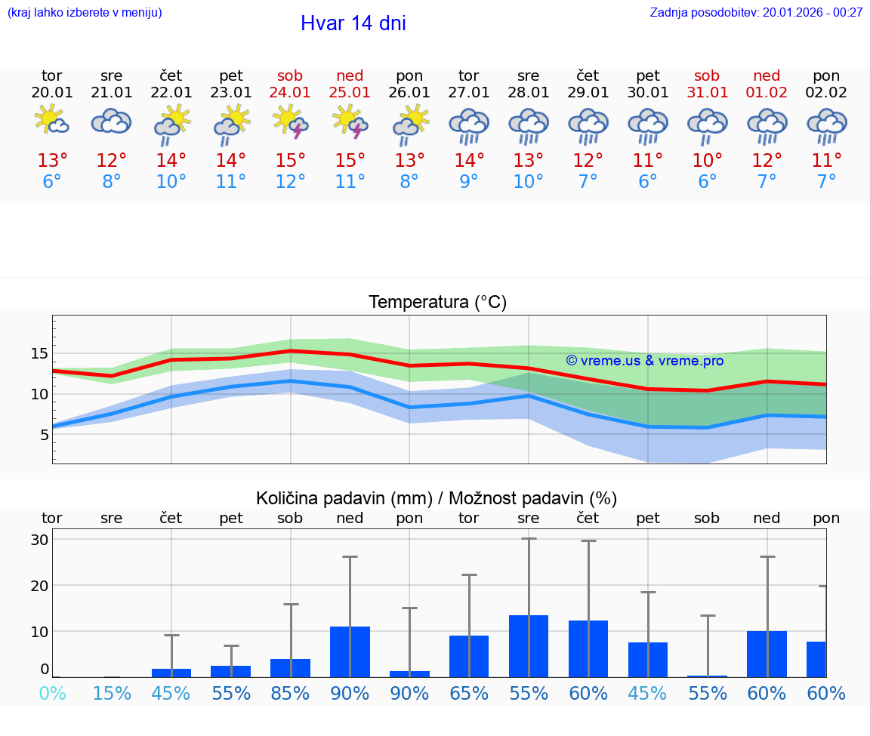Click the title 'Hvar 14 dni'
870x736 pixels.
[x=353, y=23]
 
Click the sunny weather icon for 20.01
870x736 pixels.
[x=51, y=121]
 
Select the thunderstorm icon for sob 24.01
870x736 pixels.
[x=290, y=122]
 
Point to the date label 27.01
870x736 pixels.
[x=468, y=93]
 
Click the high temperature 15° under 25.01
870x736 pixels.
[x=350, y=161]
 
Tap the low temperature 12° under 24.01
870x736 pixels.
[x=290, y=182]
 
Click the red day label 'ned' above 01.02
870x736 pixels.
[x=767, y=76]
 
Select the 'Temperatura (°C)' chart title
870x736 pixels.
[x=437, y=303]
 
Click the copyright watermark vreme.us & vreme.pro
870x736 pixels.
[x=644, y=361]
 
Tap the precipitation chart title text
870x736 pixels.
[x=436, y=498]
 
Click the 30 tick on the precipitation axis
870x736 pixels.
[x=39, y=540]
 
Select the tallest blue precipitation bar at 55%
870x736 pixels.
[x=528, y=646]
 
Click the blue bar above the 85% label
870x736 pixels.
[x=290, y=668]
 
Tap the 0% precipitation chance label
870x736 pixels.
[x=51, y=693]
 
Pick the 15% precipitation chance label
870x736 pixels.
[x=111, y=693]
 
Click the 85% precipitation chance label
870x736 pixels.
[x=290, y=693]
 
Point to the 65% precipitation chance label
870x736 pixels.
[x=468, y=693]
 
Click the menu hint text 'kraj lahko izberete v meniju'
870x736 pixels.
[x=85, y=12]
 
